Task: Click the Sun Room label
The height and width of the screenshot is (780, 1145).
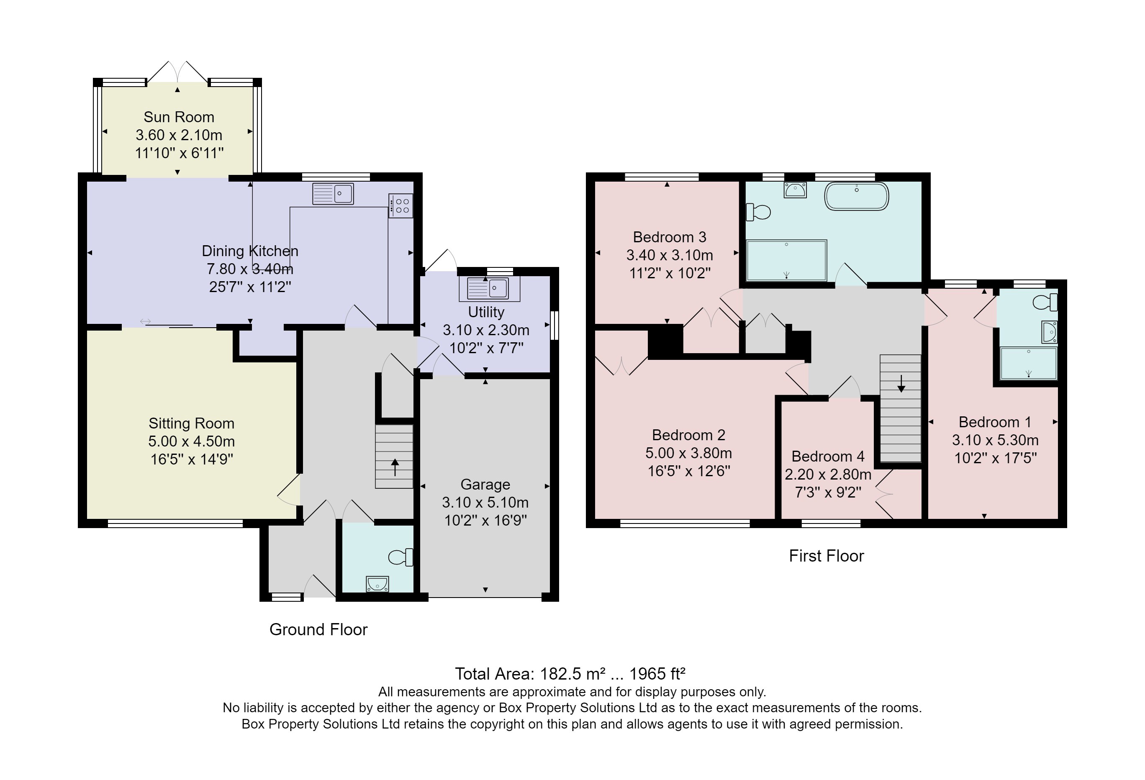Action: [179, 117]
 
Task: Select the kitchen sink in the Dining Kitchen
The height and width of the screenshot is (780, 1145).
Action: [333, 194]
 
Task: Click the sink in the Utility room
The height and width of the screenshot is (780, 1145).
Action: [488, 289]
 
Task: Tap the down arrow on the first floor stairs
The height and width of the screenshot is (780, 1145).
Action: [901, 383]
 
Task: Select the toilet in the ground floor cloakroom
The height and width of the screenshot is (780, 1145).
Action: [401, 557]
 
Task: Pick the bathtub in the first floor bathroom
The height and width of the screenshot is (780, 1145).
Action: [856, 197]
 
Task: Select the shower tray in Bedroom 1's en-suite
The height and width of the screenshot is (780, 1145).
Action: [1028, 364]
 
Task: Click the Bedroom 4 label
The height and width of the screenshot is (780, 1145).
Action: [828, 456]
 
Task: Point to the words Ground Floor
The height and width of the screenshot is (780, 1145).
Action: [318, 630]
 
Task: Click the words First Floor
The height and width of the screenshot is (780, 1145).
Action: [826, 556]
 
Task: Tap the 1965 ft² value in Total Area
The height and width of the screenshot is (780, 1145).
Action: [657, 674]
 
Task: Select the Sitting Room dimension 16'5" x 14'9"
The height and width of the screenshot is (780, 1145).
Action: [192, 459]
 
